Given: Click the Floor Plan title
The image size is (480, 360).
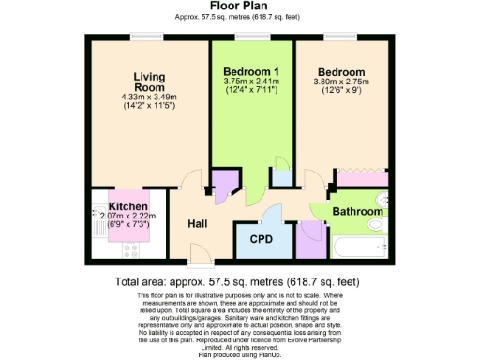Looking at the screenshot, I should [x=239, y=7].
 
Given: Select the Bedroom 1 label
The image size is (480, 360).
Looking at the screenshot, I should [x=250, y=70].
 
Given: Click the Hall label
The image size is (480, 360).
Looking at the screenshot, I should [x=196, y=224].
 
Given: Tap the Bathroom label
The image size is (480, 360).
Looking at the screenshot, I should [x=358, y=213].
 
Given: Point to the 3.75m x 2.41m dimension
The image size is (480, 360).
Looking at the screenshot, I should [x=250, y=82].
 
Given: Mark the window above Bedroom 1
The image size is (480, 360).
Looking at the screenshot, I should [x=248, y=37].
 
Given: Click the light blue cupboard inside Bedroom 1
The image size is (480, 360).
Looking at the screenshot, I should [x=280, y=176].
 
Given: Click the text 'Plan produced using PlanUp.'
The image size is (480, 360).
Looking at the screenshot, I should [x=239, y=352].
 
